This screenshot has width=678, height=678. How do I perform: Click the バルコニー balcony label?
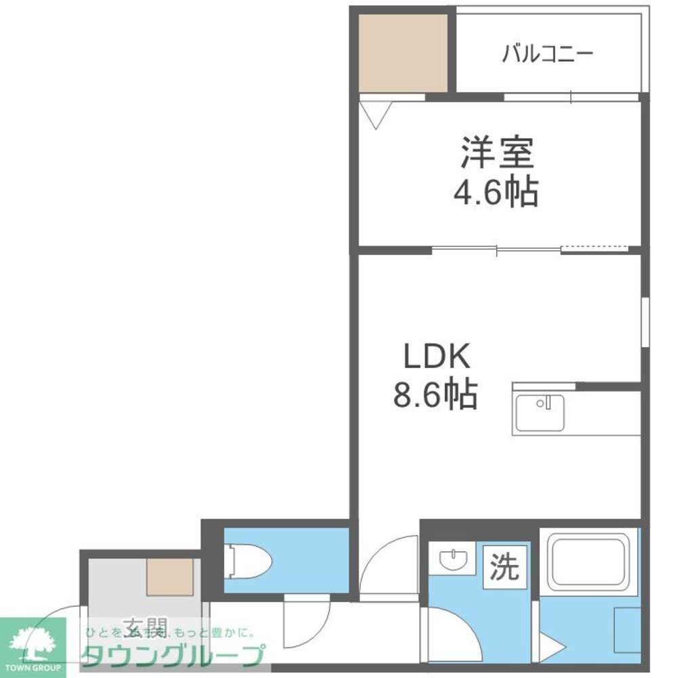coord(548,54)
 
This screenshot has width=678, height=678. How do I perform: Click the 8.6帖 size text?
coord(435,394)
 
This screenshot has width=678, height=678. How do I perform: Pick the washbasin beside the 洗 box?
coord(453,560)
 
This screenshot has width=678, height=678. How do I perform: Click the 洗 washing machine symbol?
coord(504,567)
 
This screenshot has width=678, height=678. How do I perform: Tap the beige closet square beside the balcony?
coord(403,52)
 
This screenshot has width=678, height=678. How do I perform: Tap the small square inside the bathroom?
coord(626,630)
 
